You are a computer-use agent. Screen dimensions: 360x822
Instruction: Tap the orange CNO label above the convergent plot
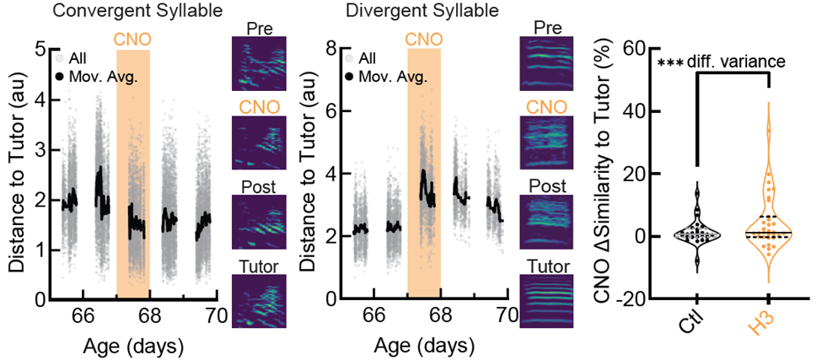[x=133, y=39]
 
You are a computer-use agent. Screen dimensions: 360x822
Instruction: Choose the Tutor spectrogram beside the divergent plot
[x=547, y=297]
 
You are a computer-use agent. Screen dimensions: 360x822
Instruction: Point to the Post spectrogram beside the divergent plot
[x=547, y=219]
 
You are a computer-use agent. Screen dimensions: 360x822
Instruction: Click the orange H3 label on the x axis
[x=769, y=328]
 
